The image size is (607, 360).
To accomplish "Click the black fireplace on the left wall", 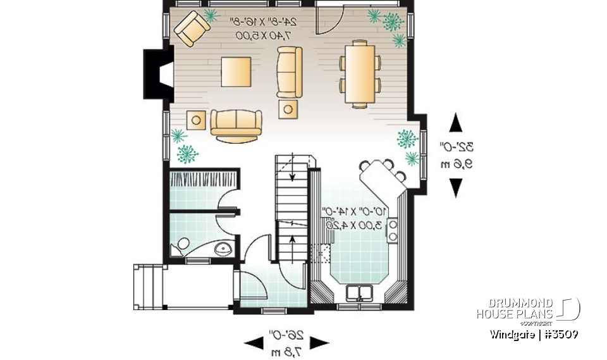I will tap(156, 74).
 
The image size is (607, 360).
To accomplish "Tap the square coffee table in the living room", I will tap(235, 71).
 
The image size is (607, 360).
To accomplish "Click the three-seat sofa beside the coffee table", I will tap(236, 125).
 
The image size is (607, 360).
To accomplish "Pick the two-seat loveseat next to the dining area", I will tap(290, 71).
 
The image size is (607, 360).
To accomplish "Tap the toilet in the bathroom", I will tap(181, 245).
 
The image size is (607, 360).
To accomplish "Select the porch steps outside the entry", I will tap(150, 287).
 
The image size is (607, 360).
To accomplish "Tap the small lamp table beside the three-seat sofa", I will tap(196, 120).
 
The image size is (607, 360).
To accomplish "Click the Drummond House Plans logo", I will tap(527, 309).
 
